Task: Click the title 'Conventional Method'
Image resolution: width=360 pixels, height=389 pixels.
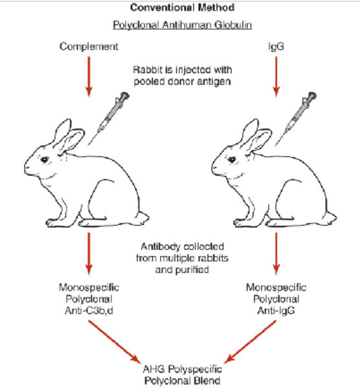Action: point(181,8)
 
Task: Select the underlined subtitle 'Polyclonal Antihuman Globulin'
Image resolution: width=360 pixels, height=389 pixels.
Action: point(181,26)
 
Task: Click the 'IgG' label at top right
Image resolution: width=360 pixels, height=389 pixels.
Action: point(276,46)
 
